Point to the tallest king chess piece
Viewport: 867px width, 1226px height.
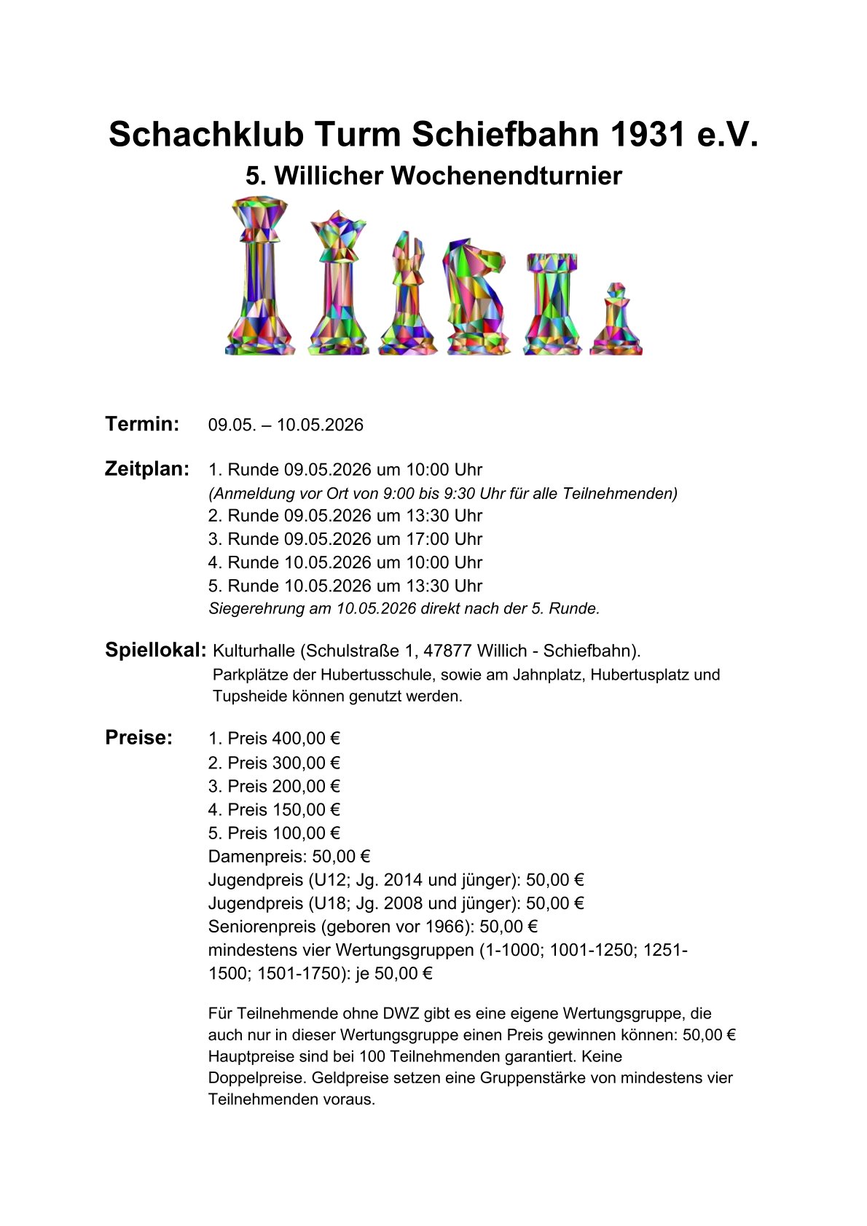point(260,277)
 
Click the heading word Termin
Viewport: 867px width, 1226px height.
point(142,424)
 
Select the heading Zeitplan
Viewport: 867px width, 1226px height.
point(147,468)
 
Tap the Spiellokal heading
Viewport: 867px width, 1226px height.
point(156,650)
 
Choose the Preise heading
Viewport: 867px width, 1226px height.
point(139,737)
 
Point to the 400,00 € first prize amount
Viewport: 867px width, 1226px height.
point(306,739)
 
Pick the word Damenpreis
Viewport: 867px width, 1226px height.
point(257,857)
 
